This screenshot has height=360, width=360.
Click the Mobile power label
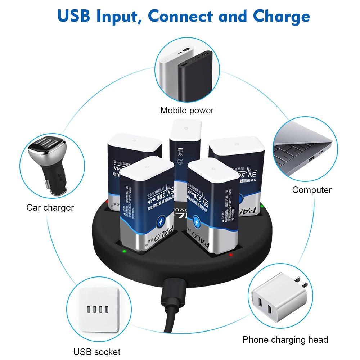coord(187,111)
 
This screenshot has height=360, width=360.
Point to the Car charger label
coord(50,208)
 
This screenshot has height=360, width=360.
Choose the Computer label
coord(312,190)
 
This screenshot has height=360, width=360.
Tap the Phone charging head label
coord(285,339)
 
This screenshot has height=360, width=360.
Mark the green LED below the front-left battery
coord(124,251)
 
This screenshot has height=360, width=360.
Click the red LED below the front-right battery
coord(231,255)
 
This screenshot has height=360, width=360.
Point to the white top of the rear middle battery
coord(186,128)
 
